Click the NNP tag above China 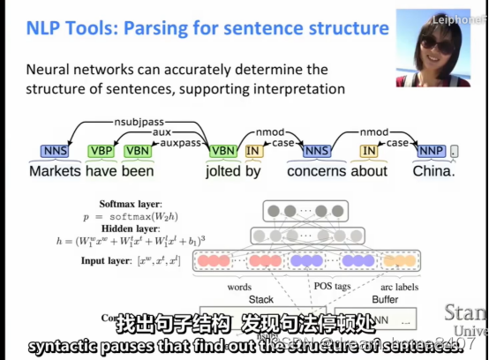coord(430,152)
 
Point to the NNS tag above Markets coord(54,152)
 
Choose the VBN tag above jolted coord(222,152)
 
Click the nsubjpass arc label coord(140,121)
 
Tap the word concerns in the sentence coord(315,171)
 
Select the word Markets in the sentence coord(55,171)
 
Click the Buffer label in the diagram coord(385,300)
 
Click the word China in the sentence coord(434,171)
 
